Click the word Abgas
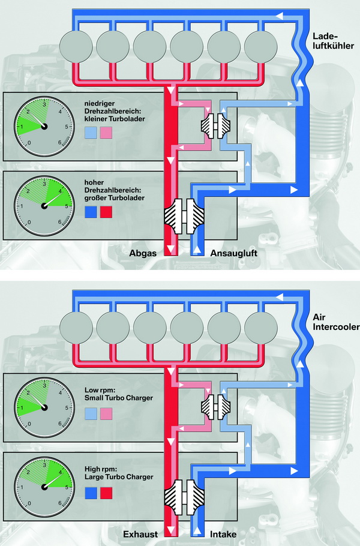pyautogui.click(x=143, y=253)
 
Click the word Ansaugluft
pyautogui.click(x=235, y=253)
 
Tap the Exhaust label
pyautogui.click(x=140, y=533)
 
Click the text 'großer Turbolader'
pyautogui.click(x=113, y=197)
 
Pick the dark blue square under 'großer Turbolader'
pyautogui.click(x=91, y=211)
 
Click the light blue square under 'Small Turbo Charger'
pyautogui.click(x=91, y=413)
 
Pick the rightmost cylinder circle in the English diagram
pyautogui.click(x=262, y=325)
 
